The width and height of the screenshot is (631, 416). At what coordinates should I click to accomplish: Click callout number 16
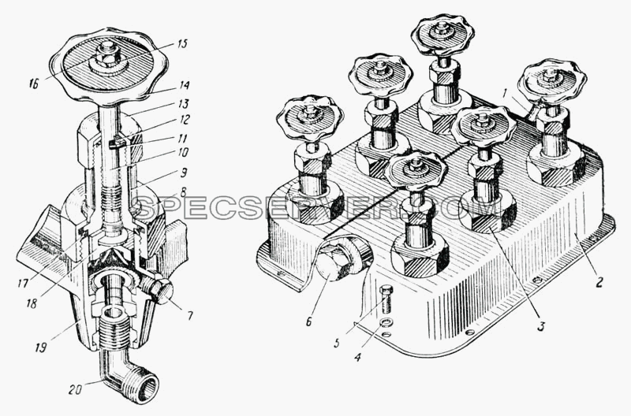tap(34, 84)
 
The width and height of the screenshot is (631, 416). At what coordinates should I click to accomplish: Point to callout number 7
tap(189, 315)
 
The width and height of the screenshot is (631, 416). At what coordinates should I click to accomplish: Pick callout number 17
tap(23, 284)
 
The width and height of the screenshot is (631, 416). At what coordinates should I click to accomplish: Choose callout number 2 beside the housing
tap(599, 282)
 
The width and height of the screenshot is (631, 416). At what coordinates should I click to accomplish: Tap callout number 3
tap(540, 326)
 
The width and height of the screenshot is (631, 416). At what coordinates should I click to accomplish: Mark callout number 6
tap(308, 321)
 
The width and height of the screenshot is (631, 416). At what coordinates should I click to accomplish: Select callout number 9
tap(184, 173)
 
